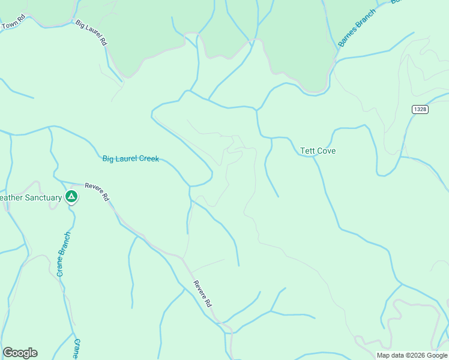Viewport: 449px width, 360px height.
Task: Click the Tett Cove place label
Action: point(318,151)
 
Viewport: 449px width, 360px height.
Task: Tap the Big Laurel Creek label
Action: point(130,159)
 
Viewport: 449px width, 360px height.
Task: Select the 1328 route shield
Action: point(420,109)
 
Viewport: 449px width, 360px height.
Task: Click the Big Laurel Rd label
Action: point(92,32)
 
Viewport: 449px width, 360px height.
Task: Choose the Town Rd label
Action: point(13,25)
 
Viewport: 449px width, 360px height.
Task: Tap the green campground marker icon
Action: point(71,196)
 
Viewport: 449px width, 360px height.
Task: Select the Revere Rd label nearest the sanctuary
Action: point(97,191)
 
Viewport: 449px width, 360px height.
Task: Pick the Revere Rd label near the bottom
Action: point(202,294)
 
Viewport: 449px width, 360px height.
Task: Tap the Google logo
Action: point(20,353)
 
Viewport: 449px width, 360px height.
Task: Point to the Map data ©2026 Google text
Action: point(412,355)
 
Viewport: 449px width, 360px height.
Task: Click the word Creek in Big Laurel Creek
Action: point(149,159)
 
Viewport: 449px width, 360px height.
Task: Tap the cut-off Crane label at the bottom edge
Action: point(76,350)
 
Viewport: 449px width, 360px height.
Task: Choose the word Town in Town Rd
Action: point(8,26)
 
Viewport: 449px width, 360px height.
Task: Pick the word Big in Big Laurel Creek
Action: point(108,159)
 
